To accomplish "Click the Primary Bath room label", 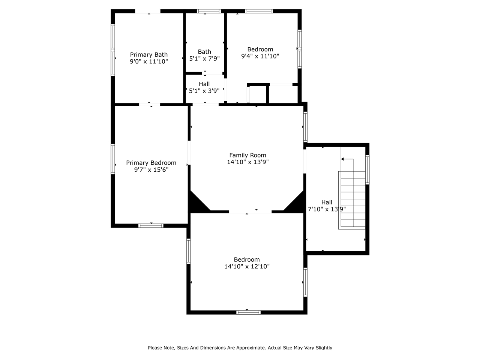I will click(x=148, y=55).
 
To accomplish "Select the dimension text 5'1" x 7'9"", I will click(x=204, y=58).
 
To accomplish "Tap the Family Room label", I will click(x=247, y=155).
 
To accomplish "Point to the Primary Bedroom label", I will click(x=151, y=163).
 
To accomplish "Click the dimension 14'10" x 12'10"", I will click(x=247, y=267).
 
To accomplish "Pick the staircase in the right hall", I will click(x=352, y=199).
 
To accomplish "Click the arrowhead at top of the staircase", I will click(x=342, y=159).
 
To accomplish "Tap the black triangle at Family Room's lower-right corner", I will click(x=297, y=204).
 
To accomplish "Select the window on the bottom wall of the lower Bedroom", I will click(x=248, y=312).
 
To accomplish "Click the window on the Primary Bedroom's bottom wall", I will click(x=151, y=225).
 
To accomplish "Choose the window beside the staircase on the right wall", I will click(x=367, y=169).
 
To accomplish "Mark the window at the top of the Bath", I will click(x=209, y=11).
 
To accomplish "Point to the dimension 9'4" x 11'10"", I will click(x=260, y=56).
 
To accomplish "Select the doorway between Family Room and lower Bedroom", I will click(x=250, y=212).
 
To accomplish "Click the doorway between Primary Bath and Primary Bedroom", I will click(x=150, y=104).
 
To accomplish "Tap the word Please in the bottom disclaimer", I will click(x=155, y=348).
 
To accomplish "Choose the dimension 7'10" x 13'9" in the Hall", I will click(x=327, y=209).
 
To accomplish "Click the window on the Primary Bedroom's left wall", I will click(x=112, y=159).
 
